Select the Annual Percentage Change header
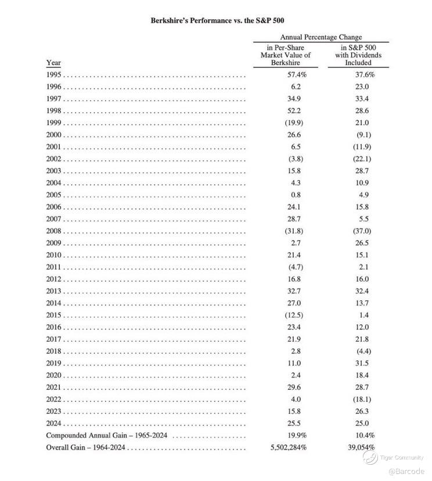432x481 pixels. [321, 37]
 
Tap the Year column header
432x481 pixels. [53, 63]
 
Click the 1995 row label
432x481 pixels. [54, 75]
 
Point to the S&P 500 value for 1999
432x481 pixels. [362, 123]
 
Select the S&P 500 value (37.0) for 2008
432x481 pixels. [363, 231]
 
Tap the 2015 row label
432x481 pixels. [54, 315]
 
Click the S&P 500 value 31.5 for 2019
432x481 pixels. [362, 363]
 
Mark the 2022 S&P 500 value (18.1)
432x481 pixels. [363, 399]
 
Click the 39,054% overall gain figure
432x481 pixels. [359, 448]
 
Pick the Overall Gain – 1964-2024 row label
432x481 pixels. [87, 448]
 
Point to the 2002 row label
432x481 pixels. [54, 159]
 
